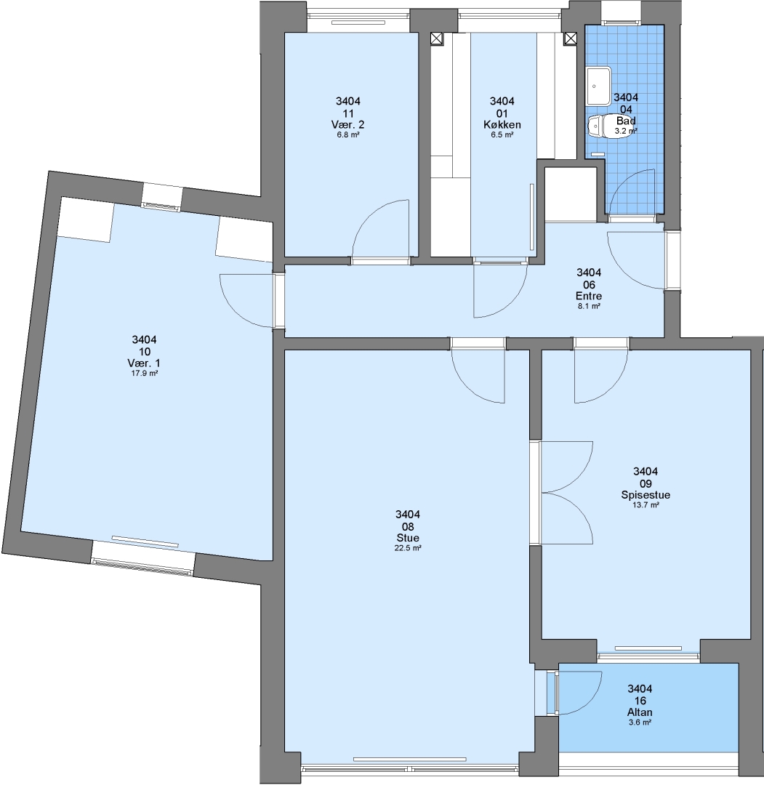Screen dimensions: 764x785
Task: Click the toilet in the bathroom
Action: (x=603, y=126)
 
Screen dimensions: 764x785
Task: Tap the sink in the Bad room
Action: (x=599, y=86)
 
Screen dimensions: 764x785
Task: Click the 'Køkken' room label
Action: (x=502, y=125)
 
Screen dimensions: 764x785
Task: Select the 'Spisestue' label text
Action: (x=646, y=495)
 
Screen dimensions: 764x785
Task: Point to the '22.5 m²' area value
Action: (x=408, y=548)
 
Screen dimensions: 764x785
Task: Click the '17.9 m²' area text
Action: (x=144, y=373)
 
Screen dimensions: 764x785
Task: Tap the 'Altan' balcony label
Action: (x=640, y=712)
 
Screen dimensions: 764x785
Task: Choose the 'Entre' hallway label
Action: (x=589, y=296)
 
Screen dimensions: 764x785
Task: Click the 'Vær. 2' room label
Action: (x=348, y=125)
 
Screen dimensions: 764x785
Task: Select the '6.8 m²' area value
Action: (x=348, y=134)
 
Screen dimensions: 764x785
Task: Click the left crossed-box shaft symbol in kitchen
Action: (x=437, y=39)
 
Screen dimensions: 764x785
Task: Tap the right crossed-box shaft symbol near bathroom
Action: (x=570, y=39)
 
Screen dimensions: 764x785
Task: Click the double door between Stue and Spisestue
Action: (x=567, y=493)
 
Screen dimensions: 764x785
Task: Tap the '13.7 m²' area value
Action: (x=646, y=504)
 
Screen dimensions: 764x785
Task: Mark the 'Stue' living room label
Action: (x=408, y=538)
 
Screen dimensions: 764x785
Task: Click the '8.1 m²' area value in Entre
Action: (x=589, y=306)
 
